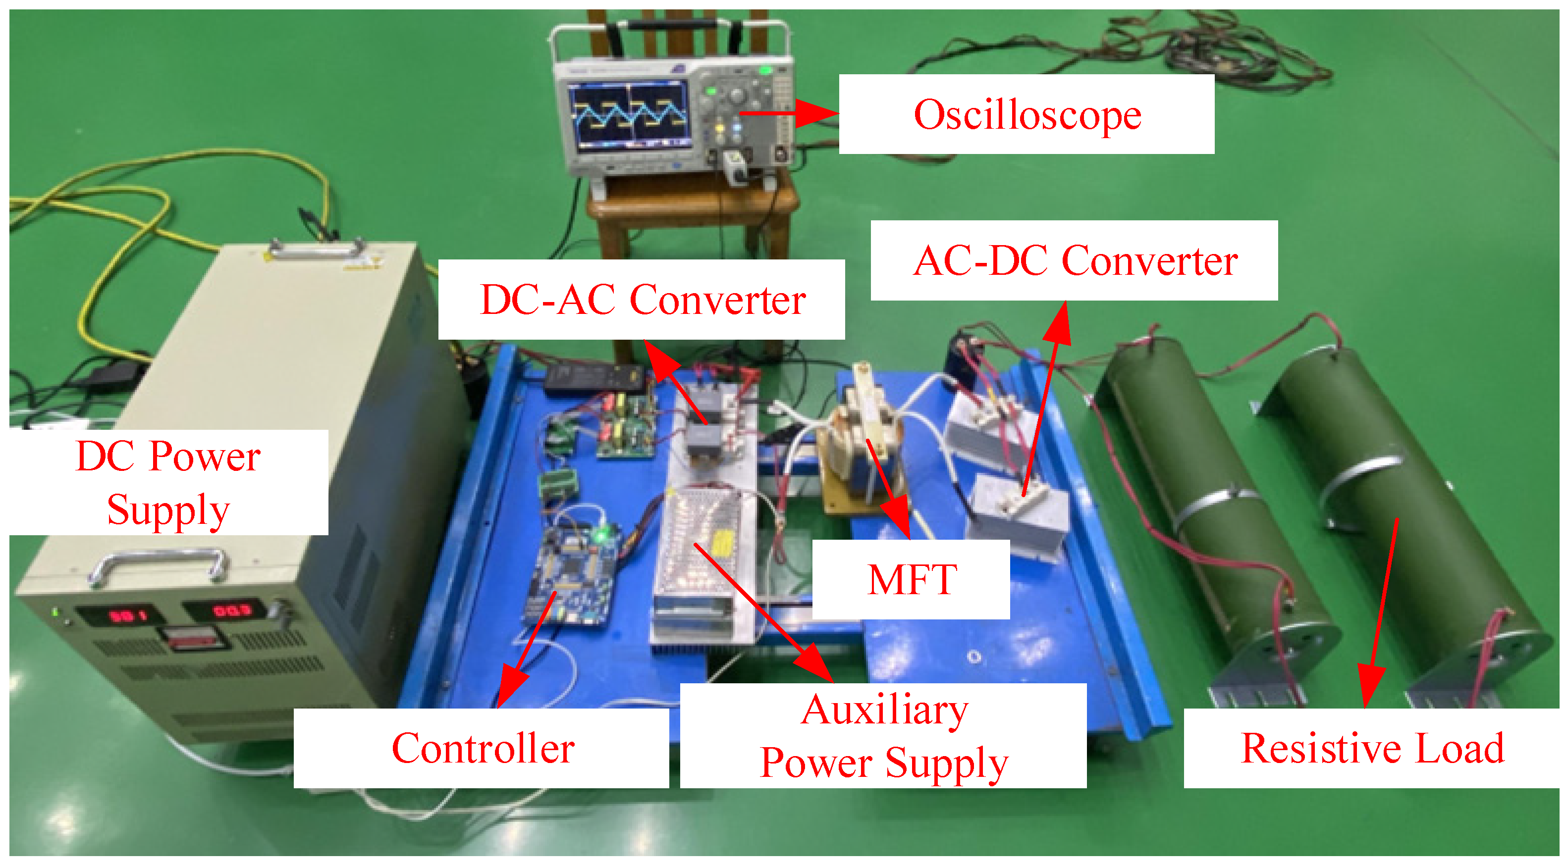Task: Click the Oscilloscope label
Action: coord(1027,114)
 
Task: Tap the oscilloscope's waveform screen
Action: coord(629,115)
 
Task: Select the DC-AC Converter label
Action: coord(642,300)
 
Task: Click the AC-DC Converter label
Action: coord(1074,261)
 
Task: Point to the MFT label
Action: coord(911,579)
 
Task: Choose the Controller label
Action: coord(482,748)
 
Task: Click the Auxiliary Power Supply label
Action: coord(883,735)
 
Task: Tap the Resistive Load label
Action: coord(1371,748)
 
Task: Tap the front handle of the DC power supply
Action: coord(159,563)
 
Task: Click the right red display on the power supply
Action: coord(230,610)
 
